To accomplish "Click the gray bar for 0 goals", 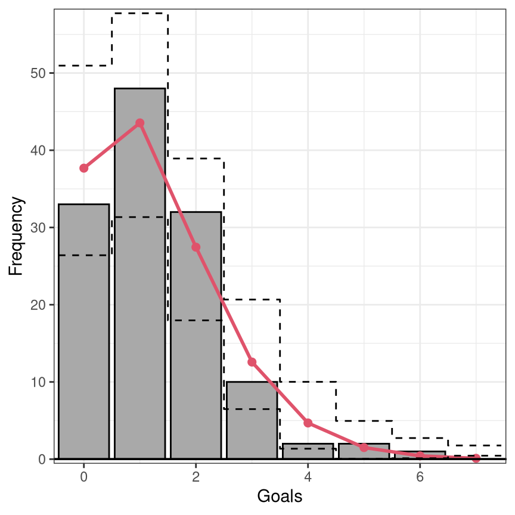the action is (84, 331).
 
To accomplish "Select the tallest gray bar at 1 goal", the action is (140, 273).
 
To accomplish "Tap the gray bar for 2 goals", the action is (196, 335).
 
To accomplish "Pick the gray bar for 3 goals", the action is (252, 420).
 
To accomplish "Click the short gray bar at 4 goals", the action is (308, 451).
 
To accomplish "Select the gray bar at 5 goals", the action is (364, 451).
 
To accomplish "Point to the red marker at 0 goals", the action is (84, 168).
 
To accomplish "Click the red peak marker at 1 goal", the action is (140, 123).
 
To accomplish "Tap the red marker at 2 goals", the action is (196, 247).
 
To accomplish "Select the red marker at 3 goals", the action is (252, 362).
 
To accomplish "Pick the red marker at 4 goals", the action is (308, 423).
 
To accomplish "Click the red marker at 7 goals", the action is (476, 458).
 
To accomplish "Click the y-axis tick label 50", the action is (38, 73).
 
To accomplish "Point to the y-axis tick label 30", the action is (38, 228).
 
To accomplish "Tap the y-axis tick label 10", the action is (38, 382).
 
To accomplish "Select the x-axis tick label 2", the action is (196, 477).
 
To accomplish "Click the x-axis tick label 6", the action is (420, 477).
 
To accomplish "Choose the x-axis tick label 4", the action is (308, 477).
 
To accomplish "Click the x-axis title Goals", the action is (280, 496).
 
